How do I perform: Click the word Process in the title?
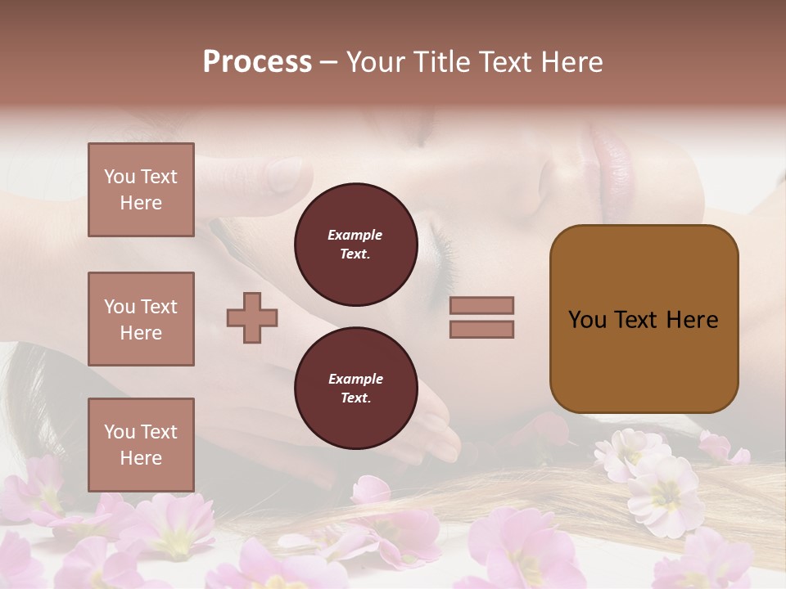click(257, 62)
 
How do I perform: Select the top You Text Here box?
click(141, 190)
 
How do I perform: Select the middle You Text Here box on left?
click(141, 319)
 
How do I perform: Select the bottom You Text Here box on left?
click(141, 445)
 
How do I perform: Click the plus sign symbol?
click(252, 317)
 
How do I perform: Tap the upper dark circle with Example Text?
click(355, 245)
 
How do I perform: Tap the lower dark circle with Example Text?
click(355, 389)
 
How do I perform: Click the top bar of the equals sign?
click(481, 306)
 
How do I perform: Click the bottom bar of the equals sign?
click(481, 329)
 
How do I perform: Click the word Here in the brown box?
click(692, 320)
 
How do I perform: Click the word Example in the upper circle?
click(355, 235)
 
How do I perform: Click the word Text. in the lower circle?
click(355, 398)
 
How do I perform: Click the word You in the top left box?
click(119, 177)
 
